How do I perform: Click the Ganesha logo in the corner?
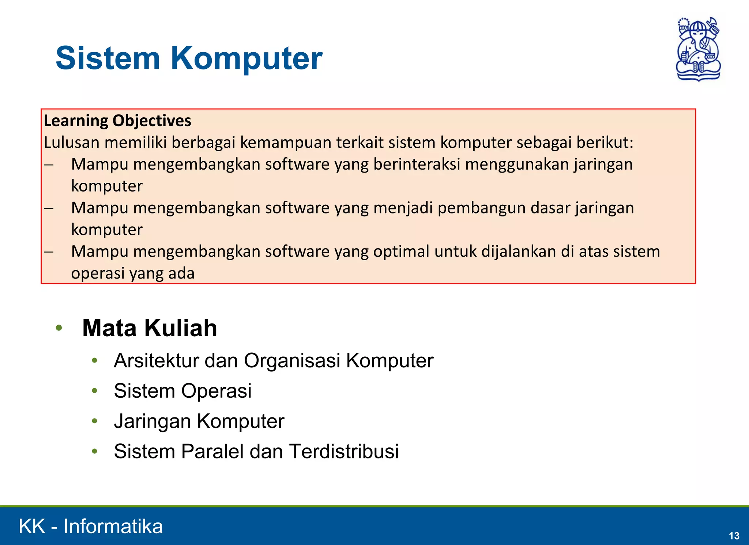tap(698, 49)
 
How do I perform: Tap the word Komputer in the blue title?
tap(246, 58)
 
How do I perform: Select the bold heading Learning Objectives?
tap(117, 121)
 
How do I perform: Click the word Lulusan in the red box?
tap(72, 143)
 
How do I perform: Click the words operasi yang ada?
tap(133, 273)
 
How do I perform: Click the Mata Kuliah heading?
tap(150, 328)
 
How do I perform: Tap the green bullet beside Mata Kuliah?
tap(59, 328)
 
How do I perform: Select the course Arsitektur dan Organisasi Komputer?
tap(274, 361)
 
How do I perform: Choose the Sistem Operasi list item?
tap(182, 391)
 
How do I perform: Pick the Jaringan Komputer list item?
tap(199, 421)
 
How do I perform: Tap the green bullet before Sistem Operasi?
tap(95, 391)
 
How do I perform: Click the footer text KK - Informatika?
tap(91, 526)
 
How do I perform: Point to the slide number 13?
tap(734, 536)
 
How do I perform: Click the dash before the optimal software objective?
tap(49, 252)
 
